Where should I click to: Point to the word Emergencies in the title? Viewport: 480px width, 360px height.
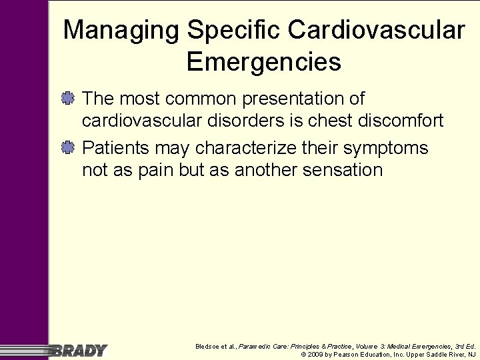point(264,62)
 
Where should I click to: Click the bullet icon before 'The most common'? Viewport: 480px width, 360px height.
point(69,99)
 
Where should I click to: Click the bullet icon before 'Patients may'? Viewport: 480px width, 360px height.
point(69,147)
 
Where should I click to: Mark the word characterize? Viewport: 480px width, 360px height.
point(226,147)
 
